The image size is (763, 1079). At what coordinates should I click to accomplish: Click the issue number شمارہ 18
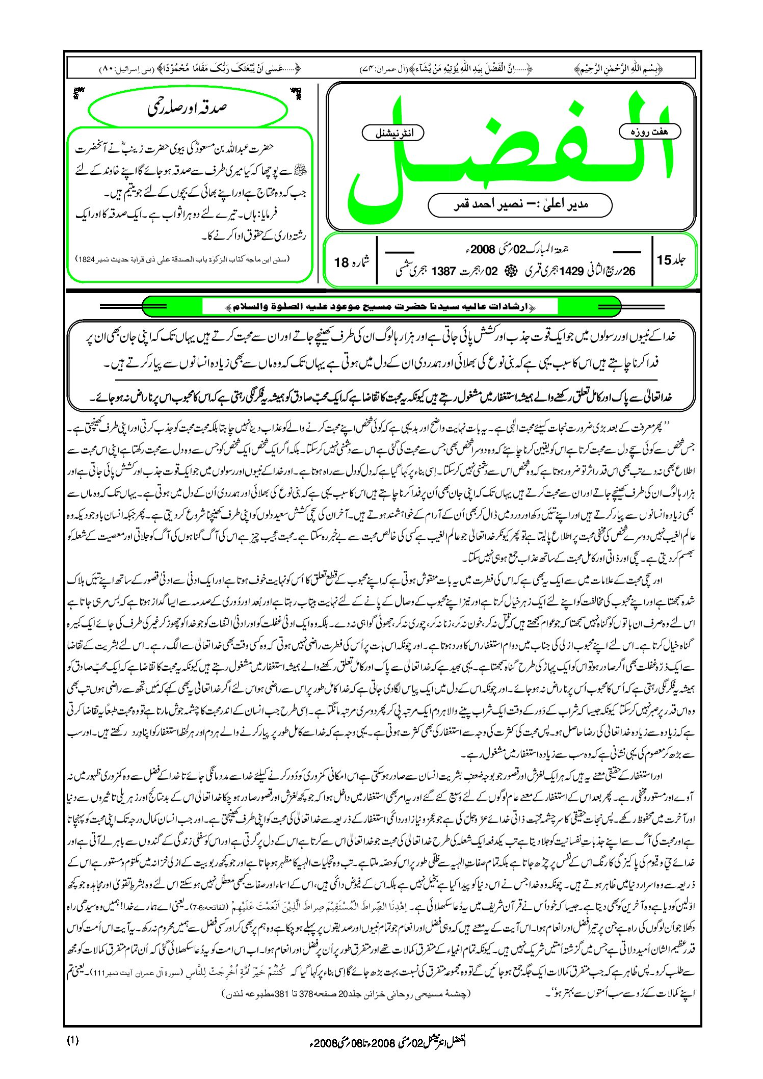pos(351,262)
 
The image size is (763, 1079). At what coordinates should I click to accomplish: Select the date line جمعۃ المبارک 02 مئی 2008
pos(515,249)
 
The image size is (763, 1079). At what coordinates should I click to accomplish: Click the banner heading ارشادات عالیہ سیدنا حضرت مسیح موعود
pos(380,307)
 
